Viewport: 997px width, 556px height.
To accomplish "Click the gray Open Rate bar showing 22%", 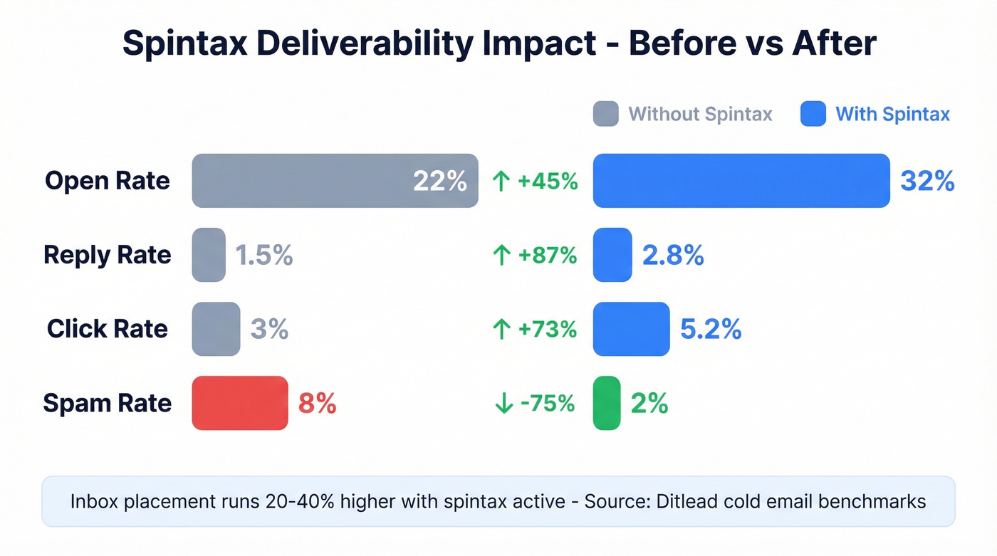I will [x=335, y=181].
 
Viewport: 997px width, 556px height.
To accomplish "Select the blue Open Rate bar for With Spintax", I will [x=741, y=181].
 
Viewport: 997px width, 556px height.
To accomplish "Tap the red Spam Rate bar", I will [x=240, y=403].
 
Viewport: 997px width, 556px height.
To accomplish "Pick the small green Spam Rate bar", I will [x=607, y=403].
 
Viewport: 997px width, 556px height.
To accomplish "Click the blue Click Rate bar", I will [x=631, y=329].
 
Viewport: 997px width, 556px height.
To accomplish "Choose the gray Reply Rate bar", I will [x=209, y=255].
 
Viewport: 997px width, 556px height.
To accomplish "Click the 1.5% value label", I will [x=264, y=255].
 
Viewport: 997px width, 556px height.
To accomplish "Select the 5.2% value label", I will [x=711, y=329].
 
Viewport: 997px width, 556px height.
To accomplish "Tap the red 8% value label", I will [x=317, y=403].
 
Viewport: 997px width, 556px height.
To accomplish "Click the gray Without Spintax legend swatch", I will [x=605, y=114].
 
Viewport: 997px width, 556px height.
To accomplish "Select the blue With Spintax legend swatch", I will [x=813, y=114].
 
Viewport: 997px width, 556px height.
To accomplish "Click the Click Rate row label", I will [x=108, y=329].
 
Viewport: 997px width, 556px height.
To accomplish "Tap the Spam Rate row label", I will [x=108, y=403].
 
